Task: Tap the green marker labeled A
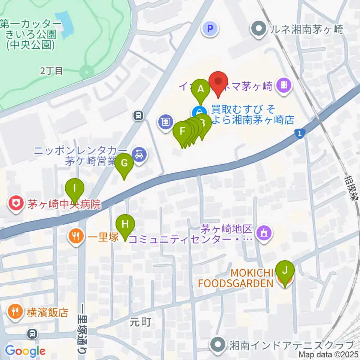click(201, 90)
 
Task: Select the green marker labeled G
click(124, 164)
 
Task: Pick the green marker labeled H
click(125, 225)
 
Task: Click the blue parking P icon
click(210, 29)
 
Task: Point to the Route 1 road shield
click(299, 133)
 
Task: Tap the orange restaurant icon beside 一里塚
click(76, 237)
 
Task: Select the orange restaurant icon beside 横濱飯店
click(16, 312)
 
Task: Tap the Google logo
click(25, 351)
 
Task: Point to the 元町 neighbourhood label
click(141, 321)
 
